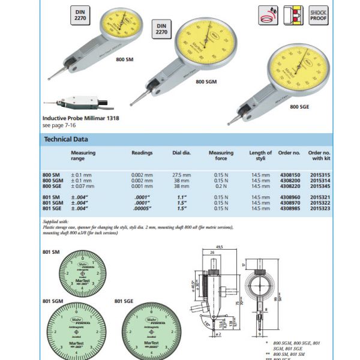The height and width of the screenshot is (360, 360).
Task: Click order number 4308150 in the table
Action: point(289,175)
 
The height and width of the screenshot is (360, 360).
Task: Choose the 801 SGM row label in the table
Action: point(53,203)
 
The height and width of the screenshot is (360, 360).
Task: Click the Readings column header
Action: point(142,154)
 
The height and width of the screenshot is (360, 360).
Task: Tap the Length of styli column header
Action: point(260,156)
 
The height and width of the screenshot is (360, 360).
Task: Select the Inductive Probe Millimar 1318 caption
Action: point(80,119)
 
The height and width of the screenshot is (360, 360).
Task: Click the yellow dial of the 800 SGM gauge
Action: point(208,46)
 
